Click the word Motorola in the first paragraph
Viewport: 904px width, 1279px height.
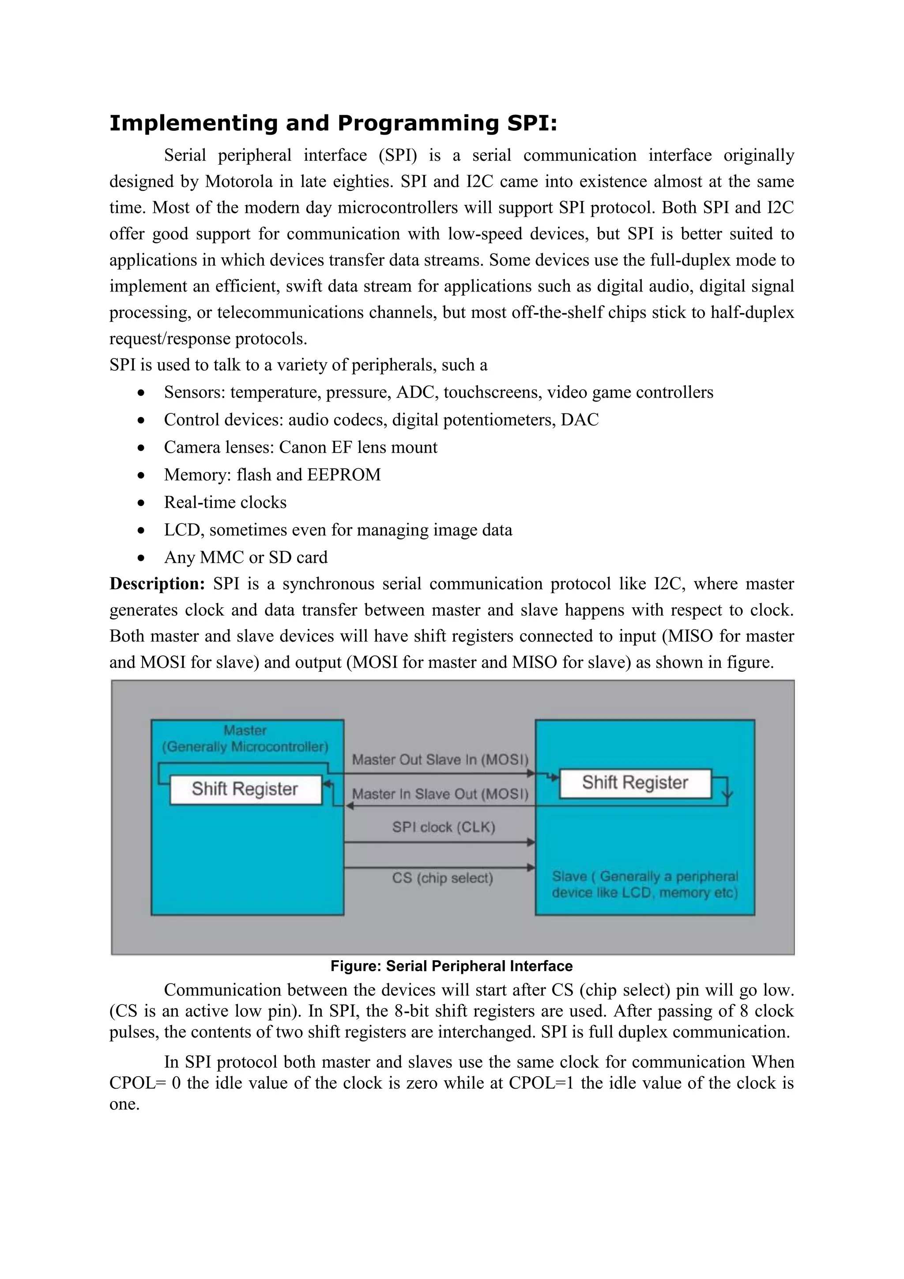[239, 182]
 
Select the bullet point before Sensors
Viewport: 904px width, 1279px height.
[142, 393]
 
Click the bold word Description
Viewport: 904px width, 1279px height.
[158, 583]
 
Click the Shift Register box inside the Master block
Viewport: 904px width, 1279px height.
[245, 789]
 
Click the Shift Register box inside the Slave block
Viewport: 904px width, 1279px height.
[635, 783]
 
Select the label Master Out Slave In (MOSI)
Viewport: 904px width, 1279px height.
[440, 760]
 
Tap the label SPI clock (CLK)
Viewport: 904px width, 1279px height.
[443, 827]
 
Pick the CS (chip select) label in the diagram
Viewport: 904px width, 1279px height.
[443, 878]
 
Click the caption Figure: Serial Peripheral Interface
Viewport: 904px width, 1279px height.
[452, 966]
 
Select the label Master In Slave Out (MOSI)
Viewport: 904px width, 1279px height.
[440, 794]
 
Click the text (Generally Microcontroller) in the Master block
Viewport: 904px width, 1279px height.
[245, 747]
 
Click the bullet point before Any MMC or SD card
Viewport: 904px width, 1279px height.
[142, 558]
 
